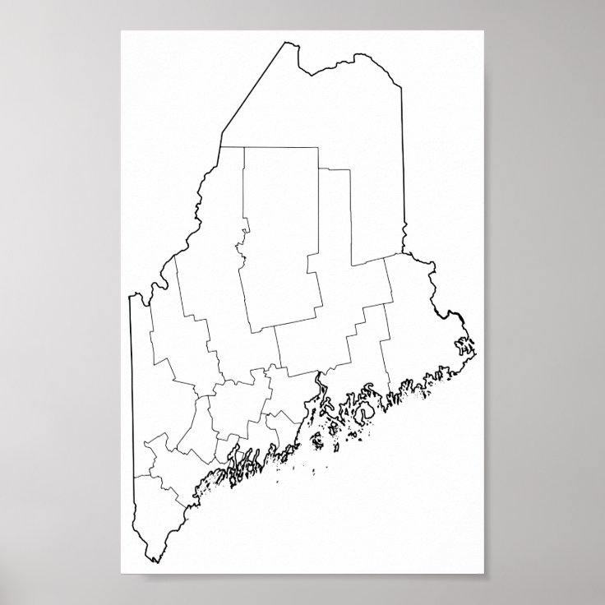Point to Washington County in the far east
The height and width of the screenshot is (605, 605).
click(419, 329)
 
